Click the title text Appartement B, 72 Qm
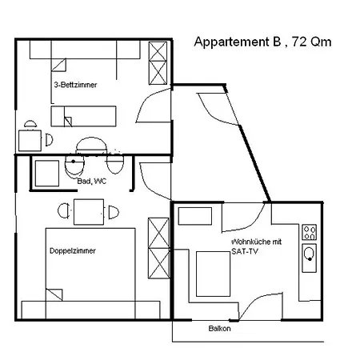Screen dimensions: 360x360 pos(262,42)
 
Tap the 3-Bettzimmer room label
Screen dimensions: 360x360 pos(75,85)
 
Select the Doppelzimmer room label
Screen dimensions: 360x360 pos(73,251)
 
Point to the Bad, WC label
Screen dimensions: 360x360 pos(92,182)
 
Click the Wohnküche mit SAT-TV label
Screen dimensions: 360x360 pos(256,246)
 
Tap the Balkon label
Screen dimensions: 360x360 pos(219,328)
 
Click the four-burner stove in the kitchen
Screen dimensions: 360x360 pos(310,232)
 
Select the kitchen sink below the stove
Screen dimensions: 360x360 pos(310,258)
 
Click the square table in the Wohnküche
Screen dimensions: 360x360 pos(213,274)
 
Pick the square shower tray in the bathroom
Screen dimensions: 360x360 pos(47,174)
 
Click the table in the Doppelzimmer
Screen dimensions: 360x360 pos(89,212)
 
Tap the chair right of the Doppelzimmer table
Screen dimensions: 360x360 pos(114,213)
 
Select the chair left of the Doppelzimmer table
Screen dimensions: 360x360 pos(63,211)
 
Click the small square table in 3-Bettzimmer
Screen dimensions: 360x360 pos(30,141)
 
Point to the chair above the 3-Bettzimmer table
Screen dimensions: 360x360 pos(30,124)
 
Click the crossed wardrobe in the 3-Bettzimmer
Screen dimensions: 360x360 pos(158,63)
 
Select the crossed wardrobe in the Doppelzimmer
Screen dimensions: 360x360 pos(158,248)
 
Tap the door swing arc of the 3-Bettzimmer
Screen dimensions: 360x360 pos(146,98)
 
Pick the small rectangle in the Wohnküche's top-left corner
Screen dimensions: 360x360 pos(195,216)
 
